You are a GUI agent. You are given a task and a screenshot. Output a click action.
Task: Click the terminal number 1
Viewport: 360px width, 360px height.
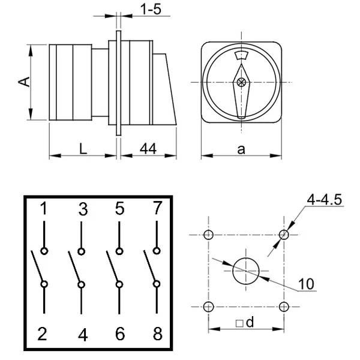44,209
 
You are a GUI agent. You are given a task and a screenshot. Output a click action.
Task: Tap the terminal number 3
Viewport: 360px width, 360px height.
83,209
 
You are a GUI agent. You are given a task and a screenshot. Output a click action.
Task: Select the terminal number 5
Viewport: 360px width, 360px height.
119,209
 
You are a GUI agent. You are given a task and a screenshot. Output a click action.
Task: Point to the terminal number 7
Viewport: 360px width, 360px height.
157,209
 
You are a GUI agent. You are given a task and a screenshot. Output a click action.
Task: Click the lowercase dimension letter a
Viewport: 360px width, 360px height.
241,149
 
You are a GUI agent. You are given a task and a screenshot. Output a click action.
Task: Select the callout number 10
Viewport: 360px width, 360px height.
307,283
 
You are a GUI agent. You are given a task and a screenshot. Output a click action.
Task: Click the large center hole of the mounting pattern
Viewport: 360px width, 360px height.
245,269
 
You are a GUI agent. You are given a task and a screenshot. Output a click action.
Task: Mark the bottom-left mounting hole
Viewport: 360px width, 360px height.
208,307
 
